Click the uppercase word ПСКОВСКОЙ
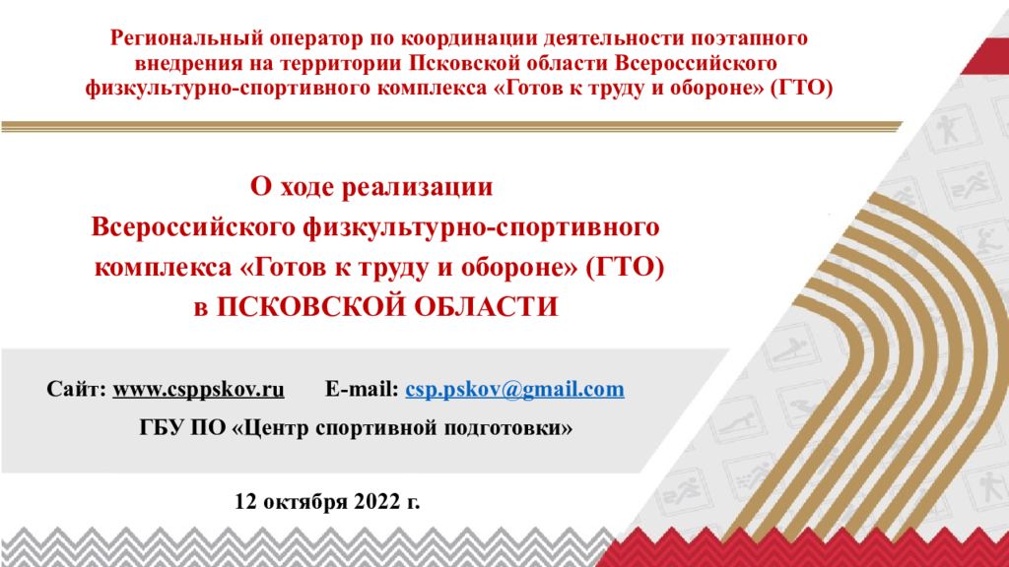click(x=310, y=307)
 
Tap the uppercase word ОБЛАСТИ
click(x=486, y=307)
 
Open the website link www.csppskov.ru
click(x=198, y=390)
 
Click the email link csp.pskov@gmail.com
click(x=514, y=390)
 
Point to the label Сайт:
click(x=76, y=389)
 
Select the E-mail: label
click(x=362, y=389)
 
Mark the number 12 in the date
click(x=245, y=501)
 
